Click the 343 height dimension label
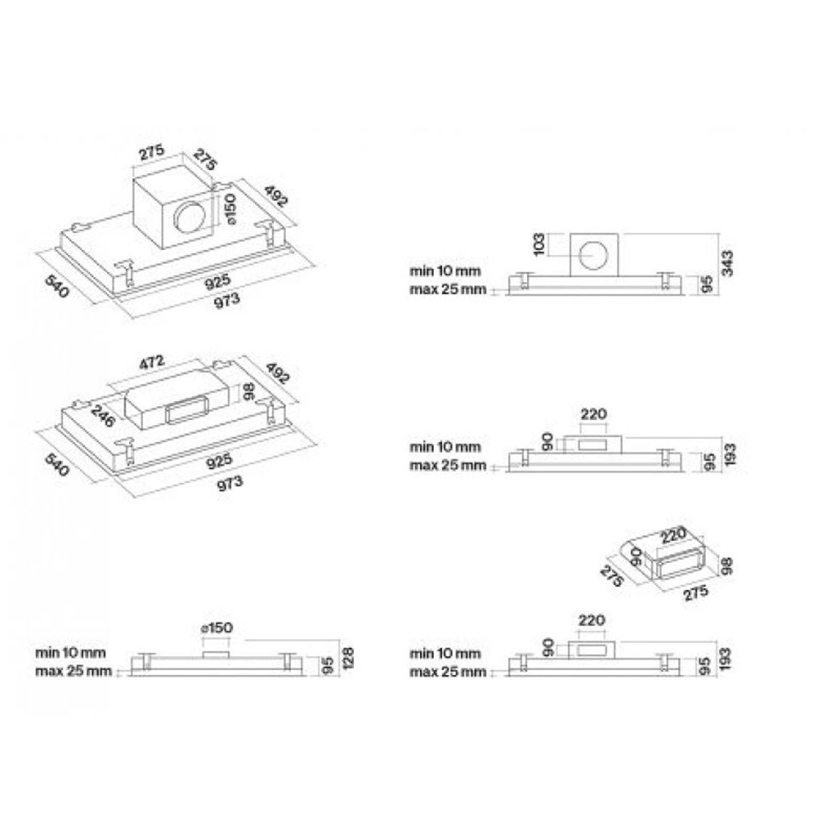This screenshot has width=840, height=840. [727, 263]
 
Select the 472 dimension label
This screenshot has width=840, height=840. [152, 363]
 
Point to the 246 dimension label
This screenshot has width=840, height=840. [103, 416]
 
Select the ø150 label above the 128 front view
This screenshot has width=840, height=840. [217, 628]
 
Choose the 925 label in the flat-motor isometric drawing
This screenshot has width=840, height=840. [219, 460]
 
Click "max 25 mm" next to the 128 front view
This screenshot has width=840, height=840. [73, 671]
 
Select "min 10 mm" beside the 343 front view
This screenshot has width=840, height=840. [445, 270]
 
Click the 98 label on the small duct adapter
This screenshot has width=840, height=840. [726, 566]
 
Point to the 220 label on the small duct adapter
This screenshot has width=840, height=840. [673, 536]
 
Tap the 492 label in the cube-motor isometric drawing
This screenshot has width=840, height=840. [276, 195]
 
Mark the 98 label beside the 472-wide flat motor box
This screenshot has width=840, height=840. [248, 391]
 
